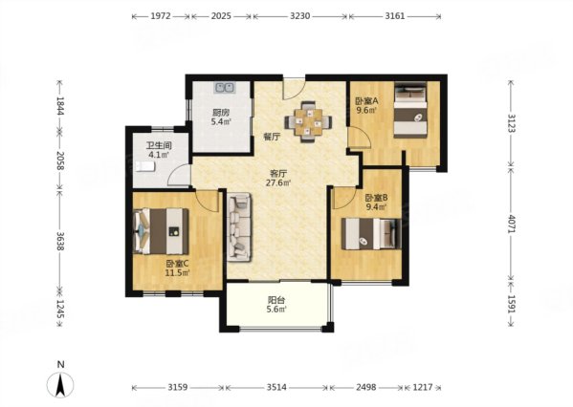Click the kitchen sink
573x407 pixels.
(x=225, y=87)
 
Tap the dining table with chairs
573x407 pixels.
(x=309, y=121)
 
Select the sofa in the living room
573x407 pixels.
(x=239, y=226)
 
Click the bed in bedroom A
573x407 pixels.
(x=410, y=109)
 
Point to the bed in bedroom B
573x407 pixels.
(x=371, y=234)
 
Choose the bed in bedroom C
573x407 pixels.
(x=161, y=231)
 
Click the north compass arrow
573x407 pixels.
(x=60, y=385)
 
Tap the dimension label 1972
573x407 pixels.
(x=161, y=16)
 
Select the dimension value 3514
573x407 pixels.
(x=275, y=387)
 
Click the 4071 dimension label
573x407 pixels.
(x=512, y=224)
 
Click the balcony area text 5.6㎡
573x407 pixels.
(x=276, y=310)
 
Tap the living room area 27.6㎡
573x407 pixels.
(x=278, y=182)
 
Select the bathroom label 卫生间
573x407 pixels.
(x=159, y=145)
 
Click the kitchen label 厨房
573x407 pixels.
(x=221, y=113)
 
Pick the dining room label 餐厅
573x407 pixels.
(x=273, y=138)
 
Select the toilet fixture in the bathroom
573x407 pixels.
(x=145, y=167)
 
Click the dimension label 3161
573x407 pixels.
(x=395, y=16)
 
